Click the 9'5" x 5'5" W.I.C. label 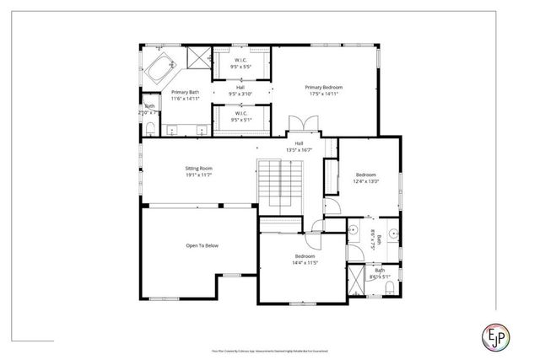click(x=240, y=63)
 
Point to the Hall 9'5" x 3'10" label click(x=240, y=91)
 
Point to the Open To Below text click(x=202, y=246)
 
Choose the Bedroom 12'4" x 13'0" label click(x=366, y=178)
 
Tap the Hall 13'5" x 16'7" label click(x=299, y=147)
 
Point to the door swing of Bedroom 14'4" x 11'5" click(x=313, y=228)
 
